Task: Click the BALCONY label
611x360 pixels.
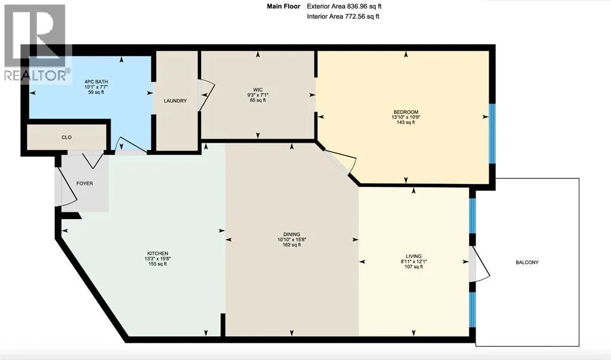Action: [527, 263]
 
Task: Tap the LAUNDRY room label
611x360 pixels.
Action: [175, 101]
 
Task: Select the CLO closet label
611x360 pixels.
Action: [67, 137]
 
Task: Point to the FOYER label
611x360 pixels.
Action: [85, 183]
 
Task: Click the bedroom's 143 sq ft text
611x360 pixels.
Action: [406, 122]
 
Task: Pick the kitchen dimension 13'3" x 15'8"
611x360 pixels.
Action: [158, 258]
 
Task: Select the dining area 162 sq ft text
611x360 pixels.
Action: [291, 245]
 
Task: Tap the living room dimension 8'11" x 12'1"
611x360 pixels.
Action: [413, 261]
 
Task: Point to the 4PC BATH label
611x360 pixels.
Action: [96, 82]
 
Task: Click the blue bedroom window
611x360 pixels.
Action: [492, 133]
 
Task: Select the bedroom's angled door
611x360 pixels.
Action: [340, 161]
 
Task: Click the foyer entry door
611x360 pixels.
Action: [66, 186]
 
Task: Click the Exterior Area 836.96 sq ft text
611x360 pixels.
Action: [343, 6]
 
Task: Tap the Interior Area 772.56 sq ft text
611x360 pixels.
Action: [343, 16]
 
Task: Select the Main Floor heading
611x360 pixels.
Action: [283, 6]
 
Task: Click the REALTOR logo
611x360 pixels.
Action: [38, 43]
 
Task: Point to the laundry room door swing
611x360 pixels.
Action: [206, 94]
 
